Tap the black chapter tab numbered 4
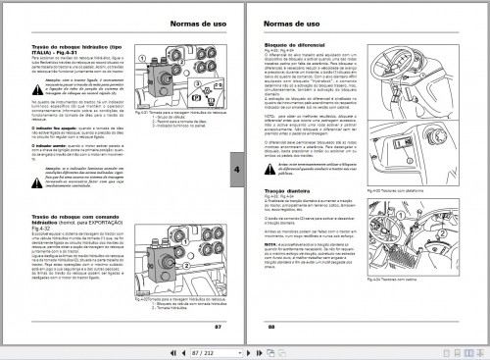(238, 169)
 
